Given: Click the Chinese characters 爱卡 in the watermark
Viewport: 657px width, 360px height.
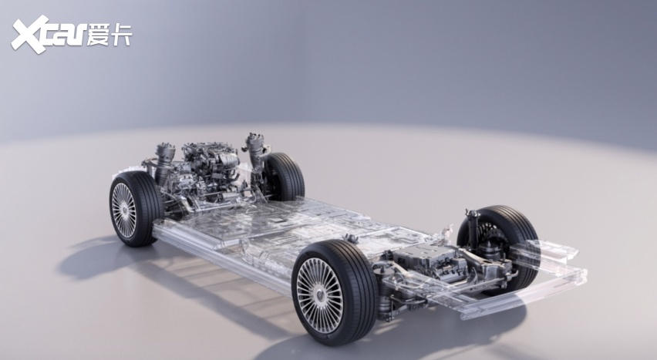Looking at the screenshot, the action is [x=109, y=35].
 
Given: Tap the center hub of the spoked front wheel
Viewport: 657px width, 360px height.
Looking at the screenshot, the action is [x=123, y=210].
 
